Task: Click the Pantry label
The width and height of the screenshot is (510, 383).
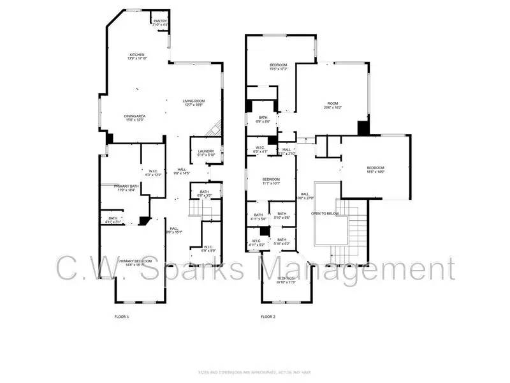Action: click(159, 22)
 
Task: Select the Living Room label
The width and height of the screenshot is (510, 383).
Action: click(193, 103)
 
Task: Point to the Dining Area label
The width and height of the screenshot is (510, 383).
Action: click(135, 118)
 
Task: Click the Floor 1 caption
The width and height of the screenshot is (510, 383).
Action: click(121, 317)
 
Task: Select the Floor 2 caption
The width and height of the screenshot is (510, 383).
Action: click(268, 317)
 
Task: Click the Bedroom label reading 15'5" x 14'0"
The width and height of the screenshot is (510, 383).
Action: click(375, 170)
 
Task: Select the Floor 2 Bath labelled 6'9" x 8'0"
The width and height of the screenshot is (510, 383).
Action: click(263, 119)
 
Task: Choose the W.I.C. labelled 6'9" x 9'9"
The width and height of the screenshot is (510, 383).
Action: click(208, 248)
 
